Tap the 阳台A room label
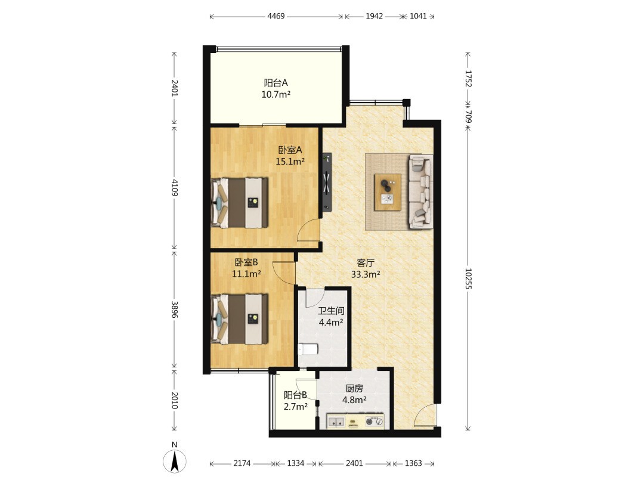(x=275, y=82)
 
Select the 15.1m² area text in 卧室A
(x=290, y=162)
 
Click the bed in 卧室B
(x=239, y=318)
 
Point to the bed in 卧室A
(x=239, y=203)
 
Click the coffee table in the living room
(x=388, y=192)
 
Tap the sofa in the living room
(x=420, y=191)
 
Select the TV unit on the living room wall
(x=327, y=182)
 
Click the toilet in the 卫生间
(x=308, y=349)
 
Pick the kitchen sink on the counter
(x=336, y=422)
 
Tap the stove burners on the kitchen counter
(x=374, y=422)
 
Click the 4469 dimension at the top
(x=276, y=17)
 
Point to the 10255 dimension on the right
(x=468, y=278)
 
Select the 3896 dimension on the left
(x=175, y=309)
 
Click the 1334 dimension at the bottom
(x=296, y=463)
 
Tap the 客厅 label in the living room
(x=365, y=262)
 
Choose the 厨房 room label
(x=354, y=388)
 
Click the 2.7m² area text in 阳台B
(x=296, y=407)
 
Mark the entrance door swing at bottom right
(x=424, y=415)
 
